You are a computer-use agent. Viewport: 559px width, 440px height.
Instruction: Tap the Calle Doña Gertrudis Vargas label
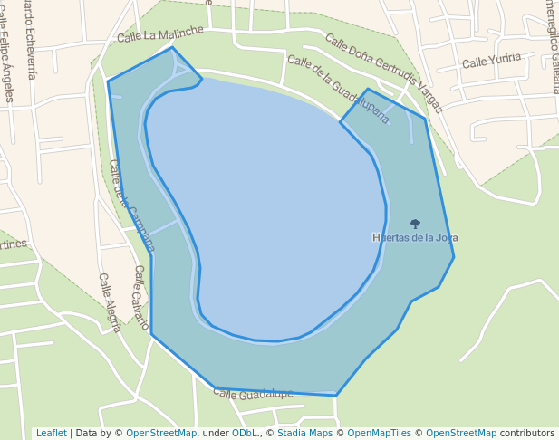(x=383, y=73)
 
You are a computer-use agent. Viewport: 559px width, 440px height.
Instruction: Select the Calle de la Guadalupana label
(x=338, y=89)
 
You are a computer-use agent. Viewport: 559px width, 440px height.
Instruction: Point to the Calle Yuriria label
(x=491, y=61)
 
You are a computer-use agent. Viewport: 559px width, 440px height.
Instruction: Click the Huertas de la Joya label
(x=415, y=238)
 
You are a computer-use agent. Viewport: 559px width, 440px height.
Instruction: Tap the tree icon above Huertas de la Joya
(x=415, y=223)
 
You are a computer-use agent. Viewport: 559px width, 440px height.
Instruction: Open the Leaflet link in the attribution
(x=51, y=434)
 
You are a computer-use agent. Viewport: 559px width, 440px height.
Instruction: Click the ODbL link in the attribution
(x=245, y=434)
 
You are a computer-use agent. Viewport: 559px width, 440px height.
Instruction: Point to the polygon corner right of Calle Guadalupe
(x=336, y=396)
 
